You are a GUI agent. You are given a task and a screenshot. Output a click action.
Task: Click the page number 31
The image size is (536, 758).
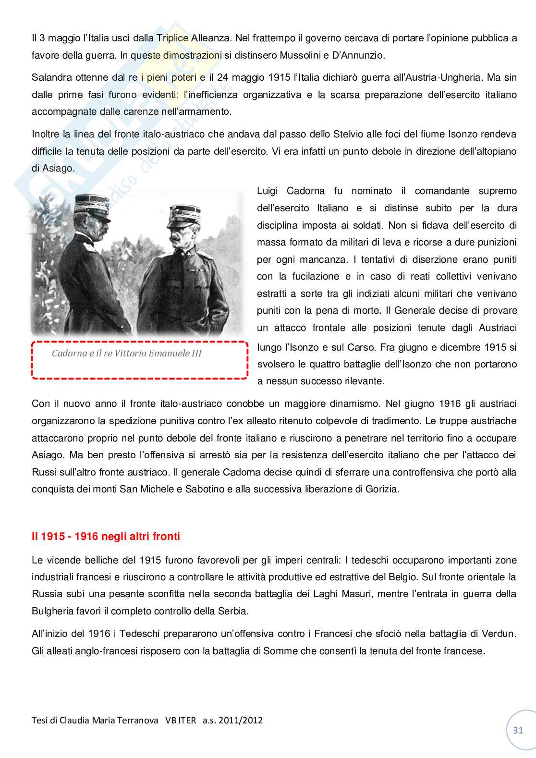[518, 731]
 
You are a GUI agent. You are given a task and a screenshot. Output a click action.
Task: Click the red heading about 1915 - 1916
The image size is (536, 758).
[106, 536]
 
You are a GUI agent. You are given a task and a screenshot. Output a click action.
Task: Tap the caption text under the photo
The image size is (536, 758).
[127, 354]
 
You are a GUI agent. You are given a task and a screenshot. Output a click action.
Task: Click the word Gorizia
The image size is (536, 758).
[381, 489]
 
